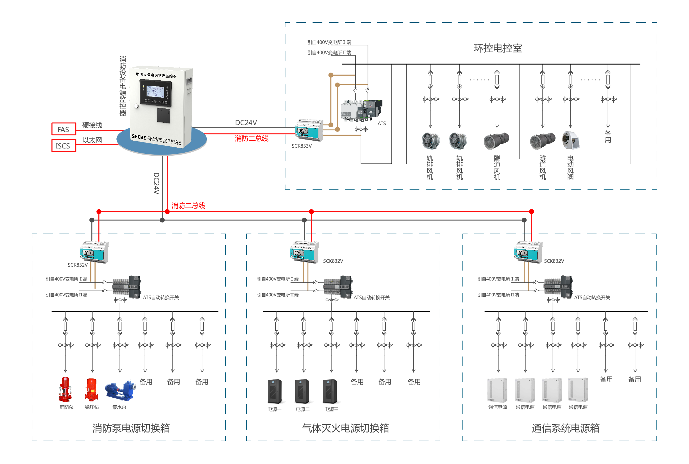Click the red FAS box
64,129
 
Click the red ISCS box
64,146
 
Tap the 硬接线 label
92,125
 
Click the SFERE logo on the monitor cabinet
139,137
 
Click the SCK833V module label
302,146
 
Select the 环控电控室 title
498,48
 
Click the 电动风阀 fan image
571,140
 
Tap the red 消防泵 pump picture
65,389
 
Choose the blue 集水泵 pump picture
120,389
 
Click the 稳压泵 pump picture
91,389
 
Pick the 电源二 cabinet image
303,391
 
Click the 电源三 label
331,409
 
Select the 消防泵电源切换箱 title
131,428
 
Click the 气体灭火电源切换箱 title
345,428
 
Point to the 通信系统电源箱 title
565,428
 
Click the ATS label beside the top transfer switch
381,123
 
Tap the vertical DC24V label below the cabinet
156,183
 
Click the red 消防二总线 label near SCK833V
252,138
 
